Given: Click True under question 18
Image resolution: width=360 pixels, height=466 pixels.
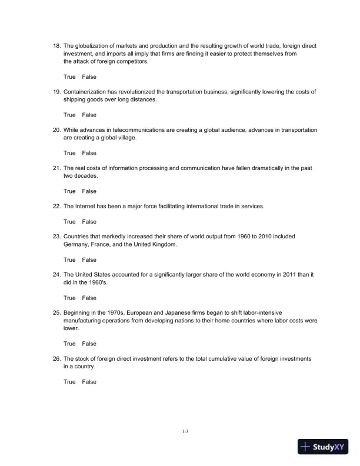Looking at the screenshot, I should click(69, 77).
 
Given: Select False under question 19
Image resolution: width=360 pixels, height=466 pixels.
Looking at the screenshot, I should click(89, 115).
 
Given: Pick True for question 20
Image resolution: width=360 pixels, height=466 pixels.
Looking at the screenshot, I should click(69, 153).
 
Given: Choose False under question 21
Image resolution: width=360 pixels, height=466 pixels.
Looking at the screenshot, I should click(89, 191).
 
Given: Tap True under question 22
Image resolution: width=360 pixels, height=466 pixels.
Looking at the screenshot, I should click(69, 222).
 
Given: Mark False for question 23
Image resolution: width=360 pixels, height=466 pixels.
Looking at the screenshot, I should click(89, 260).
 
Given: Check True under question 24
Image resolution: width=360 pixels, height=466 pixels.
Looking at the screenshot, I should click(69, 298).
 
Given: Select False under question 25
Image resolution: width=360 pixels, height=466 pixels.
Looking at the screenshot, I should click(89, 344).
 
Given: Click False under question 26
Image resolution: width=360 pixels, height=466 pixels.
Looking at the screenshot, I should click(89, 382).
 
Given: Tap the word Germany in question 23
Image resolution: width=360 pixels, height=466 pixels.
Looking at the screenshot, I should click(77, 244).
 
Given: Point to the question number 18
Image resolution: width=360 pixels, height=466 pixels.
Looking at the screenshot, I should click(56, 46).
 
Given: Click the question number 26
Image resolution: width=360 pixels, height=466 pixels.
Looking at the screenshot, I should click(56, 359).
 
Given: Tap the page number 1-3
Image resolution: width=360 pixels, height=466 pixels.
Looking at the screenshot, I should click(185, 431).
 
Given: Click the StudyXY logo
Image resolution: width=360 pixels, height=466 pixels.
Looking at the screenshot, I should click(324, 447).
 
